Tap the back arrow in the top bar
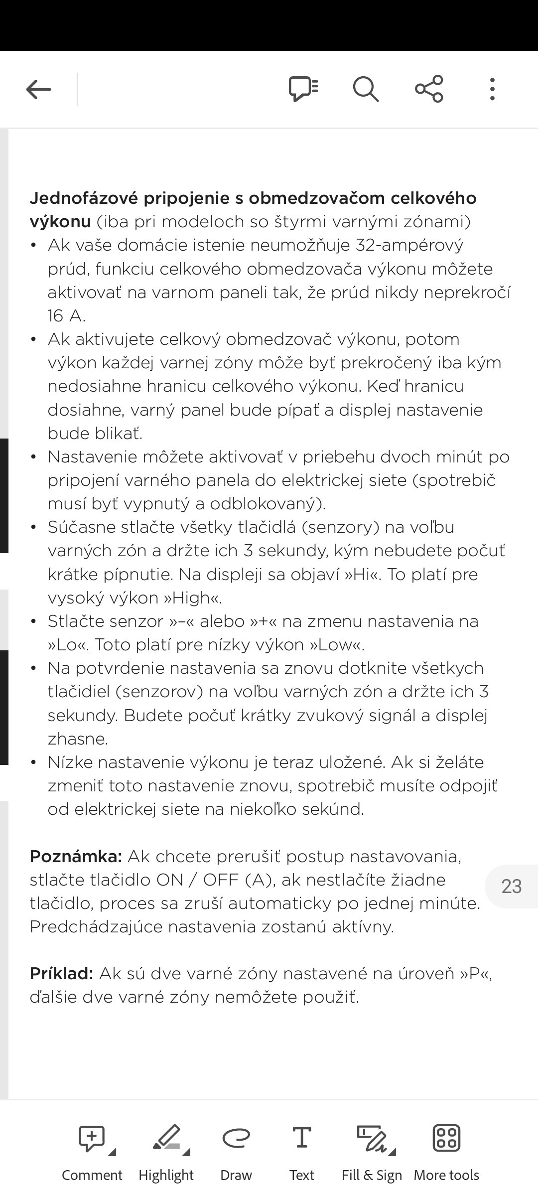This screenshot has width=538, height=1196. pos(38,90)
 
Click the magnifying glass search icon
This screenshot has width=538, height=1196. pos(366,90)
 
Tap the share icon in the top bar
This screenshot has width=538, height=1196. pos(429,89)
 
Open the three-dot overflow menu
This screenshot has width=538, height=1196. pos(492,90)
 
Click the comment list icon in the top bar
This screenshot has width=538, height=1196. pos(303,90)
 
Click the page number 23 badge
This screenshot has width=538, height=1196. pos(512,887)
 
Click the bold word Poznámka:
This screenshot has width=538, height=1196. pos(76,857)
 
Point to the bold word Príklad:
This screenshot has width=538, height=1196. pos(61,973)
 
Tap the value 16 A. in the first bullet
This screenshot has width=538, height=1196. pos(67,315)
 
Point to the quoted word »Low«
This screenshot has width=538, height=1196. pos(337,645)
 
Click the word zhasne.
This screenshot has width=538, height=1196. pos(78,739)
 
